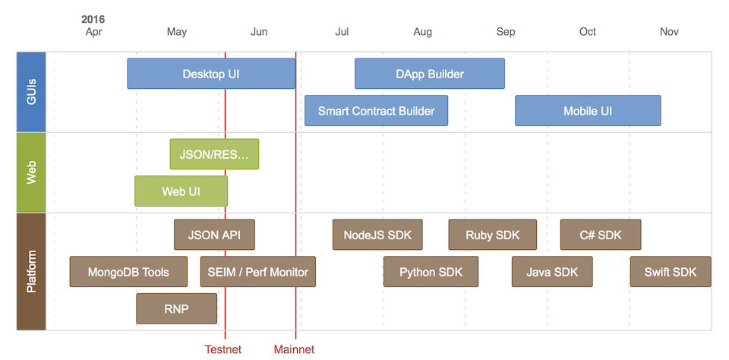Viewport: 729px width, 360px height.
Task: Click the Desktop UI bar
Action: coord(211,74)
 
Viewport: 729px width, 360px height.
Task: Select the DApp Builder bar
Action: coord(430,74)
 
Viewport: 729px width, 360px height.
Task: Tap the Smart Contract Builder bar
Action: coord(376,111)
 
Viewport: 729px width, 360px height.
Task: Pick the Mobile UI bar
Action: coord(588,111)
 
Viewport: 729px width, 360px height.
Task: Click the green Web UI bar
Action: coord(181,191)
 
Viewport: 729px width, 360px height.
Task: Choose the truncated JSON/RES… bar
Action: coord(214,154)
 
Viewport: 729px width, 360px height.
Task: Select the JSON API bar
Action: coord(214,235)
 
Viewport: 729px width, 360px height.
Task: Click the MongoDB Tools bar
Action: coord(128,272)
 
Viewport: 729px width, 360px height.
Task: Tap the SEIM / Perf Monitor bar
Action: coord(258,272)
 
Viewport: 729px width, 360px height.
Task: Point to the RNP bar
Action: coord(177,308)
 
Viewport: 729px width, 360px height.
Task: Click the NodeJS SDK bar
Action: coord(377,235)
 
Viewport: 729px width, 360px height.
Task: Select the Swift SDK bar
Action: coord(671,272)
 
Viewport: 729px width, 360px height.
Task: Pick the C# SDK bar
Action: coord(601,235)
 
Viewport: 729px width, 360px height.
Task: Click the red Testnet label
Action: coord(223,349)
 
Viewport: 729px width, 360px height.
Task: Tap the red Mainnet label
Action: coord(294,349)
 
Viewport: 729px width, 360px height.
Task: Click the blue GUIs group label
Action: coord(31,92)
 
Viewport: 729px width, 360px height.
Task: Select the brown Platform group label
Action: coord(31,272)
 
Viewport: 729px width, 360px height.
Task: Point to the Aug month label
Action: coord(423,32)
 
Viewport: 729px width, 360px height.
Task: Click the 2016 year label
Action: coord(93,20)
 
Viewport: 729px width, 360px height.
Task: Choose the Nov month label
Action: coord(670,32)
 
